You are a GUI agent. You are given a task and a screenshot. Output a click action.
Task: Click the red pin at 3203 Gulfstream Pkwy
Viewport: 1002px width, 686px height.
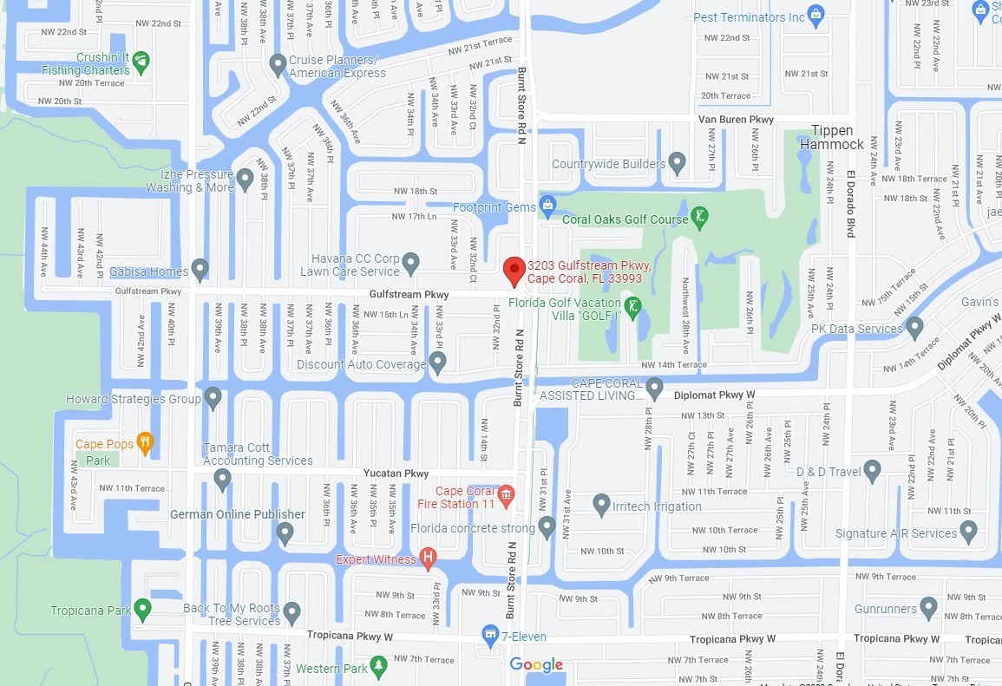tap(514, 271)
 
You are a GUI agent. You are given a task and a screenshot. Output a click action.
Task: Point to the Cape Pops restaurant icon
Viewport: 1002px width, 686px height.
tap(144, 442)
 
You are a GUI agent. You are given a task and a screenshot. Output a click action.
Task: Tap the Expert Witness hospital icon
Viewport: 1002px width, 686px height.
tap(428, 558)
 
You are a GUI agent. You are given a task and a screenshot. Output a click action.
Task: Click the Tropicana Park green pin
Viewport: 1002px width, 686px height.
tap(143, 609)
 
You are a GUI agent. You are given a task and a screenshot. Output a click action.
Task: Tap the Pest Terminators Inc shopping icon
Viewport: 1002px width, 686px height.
tap(815, 16)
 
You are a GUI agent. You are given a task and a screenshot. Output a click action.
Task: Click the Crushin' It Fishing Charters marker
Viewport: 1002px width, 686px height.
tap(141, 62)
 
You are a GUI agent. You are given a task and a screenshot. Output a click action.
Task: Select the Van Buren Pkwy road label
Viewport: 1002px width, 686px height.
tap(737, 120)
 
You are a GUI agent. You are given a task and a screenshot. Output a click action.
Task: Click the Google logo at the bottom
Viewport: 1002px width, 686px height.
tap(536, 664)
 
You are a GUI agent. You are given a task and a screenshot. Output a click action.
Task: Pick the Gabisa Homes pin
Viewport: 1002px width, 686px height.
tap(200, 270)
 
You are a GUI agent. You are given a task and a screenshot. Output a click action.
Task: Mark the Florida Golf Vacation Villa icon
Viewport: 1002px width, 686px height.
tap(634, 306)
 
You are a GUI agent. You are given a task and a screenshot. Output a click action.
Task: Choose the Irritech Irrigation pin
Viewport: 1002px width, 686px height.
tap(601, 504)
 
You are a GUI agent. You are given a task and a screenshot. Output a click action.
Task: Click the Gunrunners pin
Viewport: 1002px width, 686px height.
tap(929, 607)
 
